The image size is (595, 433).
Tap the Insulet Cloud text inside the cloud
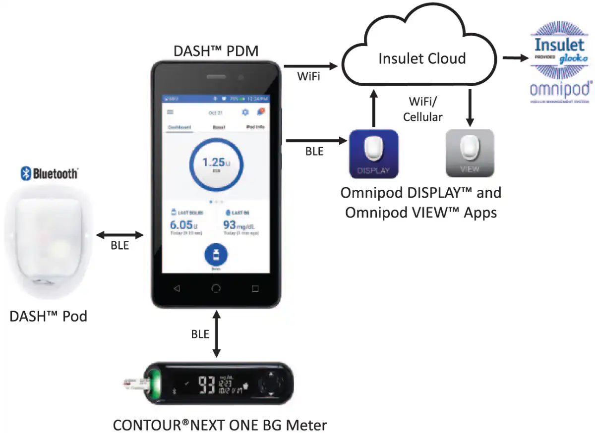[x=421, y=58]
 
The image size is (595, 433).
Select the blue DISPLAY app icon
[x=374, y=154]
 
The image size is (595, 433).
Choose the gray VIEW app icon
[x=470, y=154]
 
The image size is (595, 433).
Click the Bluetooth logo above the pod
[x=49, y=173]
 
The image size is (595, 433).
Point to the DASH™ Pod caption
[x=48, y=316]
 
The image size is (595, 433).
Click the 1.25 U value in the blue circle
[x=214, y=163]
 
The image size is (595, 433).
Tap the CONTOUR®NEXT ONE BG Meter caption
[x=220, y=425]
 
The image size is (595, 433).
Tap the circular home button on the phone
[x=216, y=288]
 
